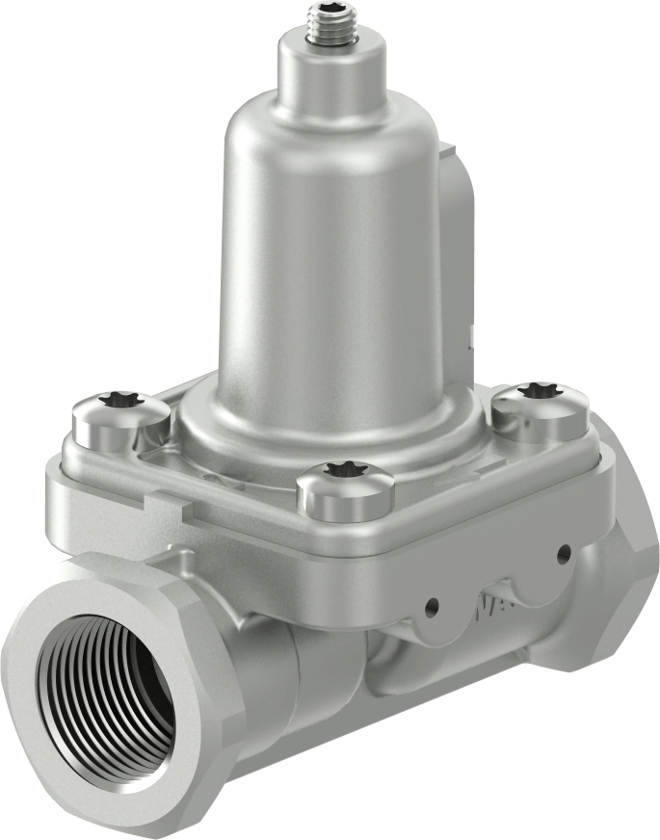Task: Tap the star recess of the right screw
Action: click(537, 391)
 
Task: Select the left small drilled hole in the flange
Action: click(432, 605)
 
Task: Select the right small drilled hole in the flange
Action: click(563, 553)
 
